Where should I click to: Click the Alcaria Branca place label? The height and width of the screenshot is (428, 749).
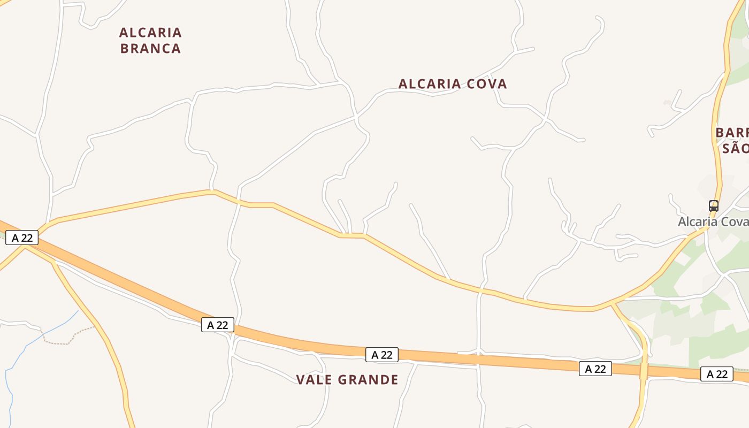pos(150,40)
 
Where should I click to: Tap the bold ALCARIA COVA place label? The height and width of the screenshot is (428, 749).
pos(453,84)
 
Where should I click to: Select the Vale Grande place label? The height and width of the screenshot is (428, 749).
pos(347,380)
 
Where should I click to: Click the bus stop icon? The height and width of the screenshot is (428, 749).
pos(713,206)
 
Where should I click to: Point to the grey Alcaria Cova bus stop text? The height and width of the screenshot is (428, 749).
pos(713,221)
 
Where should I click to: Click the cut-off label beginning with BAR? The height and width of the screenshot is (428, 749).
pos(732,132)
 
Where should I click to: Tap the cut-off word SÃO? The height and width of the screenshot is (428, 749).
pos(735,148)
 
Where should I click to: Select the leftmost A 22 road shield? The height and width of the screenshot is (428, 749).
pos(22,238)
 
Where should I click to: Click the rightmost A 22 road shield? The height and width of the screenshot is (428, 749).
pos(717,374)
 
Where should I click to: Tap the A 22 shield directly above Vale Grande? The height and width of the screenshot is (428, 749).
pos(382,354)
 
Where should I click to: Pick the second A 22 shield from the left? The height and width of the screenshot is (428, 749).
pos(218,324)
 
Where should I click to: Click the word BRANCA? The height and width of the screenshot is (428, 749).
pos(150,48)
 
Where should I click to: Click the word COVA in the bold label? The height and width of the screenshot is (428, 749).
pos(487,84)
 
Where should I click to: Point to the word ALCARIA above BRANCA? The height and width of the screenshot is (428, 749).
pos(150,33)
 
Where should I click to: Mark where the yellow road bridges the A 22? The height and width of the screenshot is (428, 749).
pos(644,370)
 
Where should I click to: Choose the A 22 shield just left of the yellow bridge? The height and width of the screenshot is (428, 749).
pos(595,368)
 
